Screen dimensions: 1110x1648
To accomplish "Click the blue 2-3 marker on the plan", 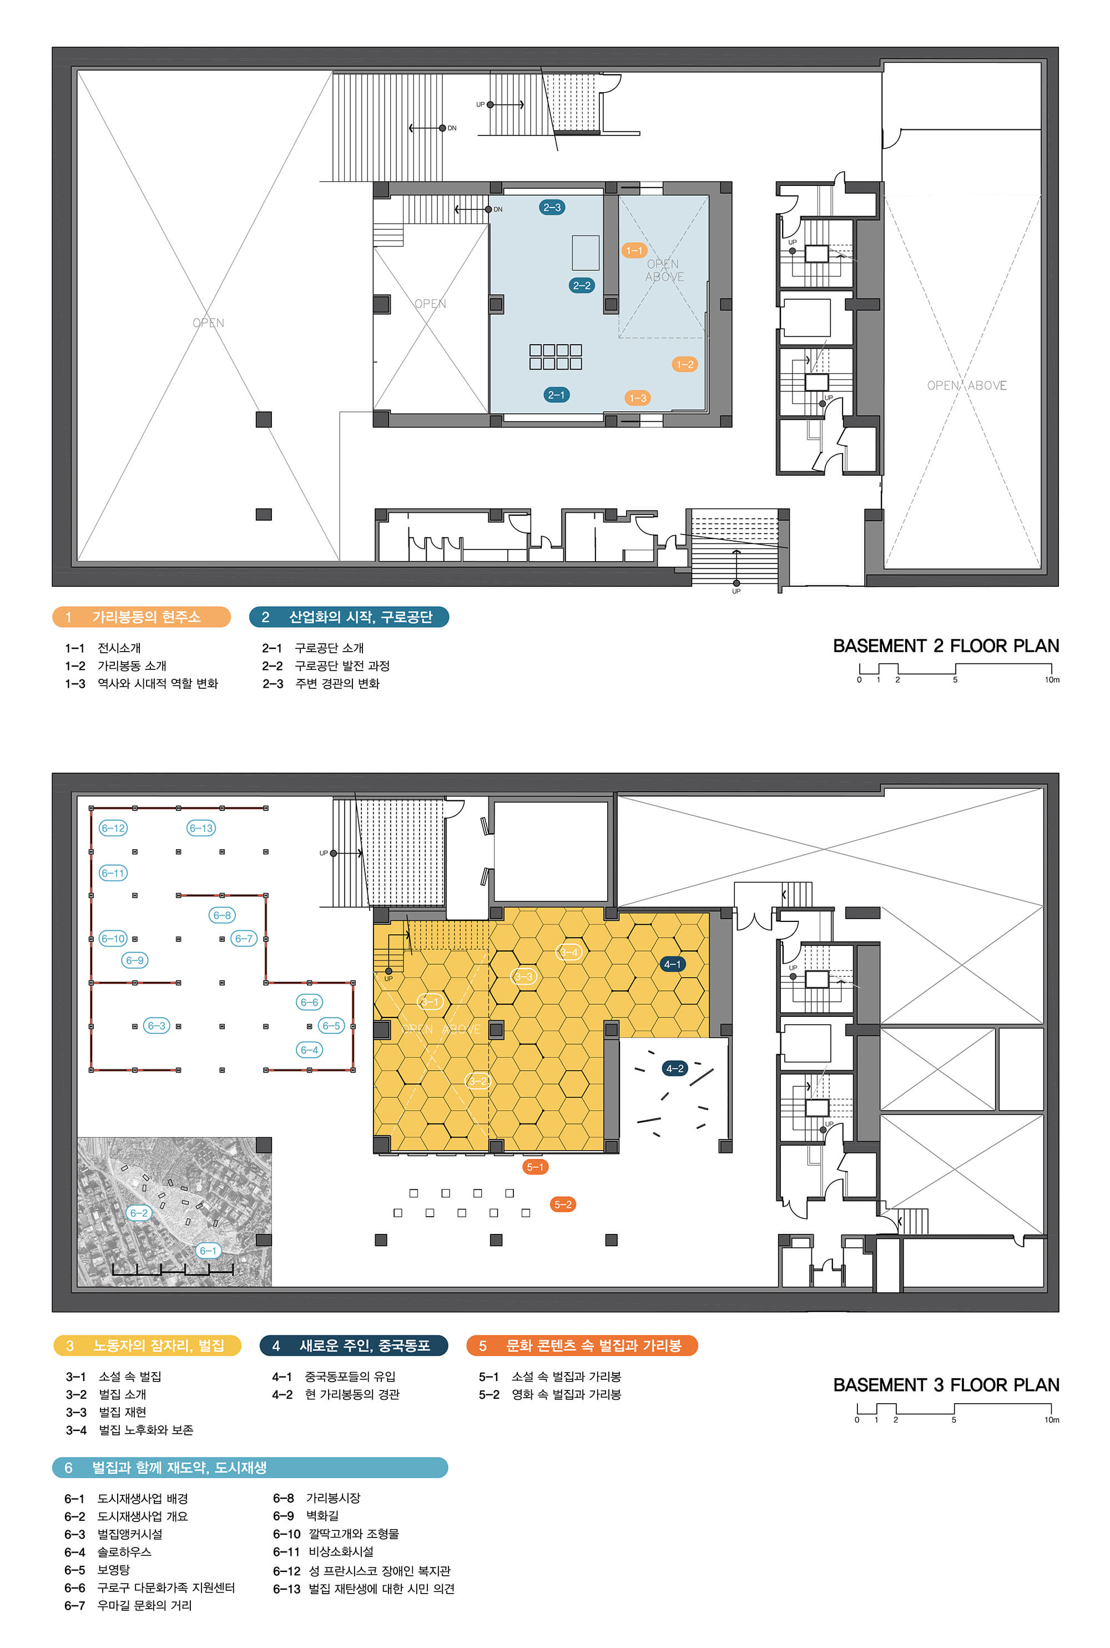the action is pos(552,208).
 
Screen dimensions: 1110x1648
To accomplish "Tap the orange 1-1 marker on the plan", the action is pos(634,250).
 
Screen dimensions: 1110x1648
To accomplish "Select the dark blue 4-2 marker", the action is pos(675,1068).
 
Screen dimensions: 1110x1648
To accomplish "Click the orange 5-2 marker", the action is pos(563,1204).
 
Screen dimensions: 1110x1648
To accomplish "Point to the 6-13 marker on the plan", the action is pos(201,828).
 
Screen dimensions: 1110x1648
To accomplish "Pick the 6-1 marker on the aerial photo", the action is pos(208,1251).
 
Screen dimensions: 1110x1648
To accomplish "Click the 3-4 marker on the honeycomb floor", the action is pos(569,952).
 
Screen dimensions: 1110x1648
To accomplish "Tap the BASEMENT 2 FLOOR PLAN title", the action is pos(946,646).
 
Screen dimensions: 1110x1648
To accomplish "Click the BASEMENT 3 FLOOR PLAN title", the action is pos(946,1385).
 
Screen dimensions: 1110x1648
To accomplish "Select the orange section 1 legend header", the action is pos(142,617).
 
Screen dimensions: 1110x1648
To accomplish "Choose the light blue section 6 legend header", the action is pos(250,1468).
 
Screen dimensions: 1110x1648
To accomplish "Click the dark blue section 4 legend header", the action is pos(354,1345).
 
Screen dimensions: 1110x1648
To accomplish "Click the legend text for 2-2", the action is pos(326,666).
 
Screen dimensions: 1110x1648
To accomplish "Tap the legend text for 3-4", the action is pos(129,1430).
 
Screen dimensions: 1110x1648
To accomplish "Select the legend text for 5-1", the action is pos(550,1376).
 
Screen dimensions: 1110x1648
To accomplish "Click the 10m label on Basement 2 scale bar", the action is pos(1052,679).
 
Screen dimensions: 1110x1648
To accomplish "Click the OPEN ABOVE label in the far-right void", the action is pos(967,385).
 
